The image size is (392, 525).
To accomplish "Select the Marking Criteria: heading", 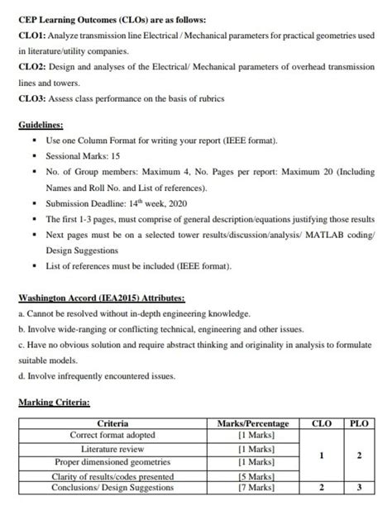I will click(x=55, y=403).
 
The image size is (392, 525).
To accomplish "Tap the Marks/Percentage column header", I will click(x=253, y=423).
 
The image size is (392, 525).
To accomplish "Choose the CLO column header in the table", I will click(x=321, y=423).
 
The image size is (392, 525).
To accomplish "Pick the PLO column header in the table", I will click(x=358, y=423).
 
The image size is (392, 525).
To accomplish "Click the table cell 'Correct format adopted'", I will click(x=112, y=435).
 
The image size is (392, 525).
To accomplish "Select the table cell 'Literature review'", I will click(x=112, y=448).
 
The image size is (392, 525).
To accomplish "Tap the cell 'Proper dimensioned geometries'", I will click(x=112, y=461).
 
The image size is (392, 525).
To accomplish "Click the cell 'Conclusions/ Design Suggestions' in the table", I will click(x=112, y=489).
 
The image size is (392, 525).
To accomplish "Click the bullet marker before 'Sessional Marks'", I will click(x=34, y=155).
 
